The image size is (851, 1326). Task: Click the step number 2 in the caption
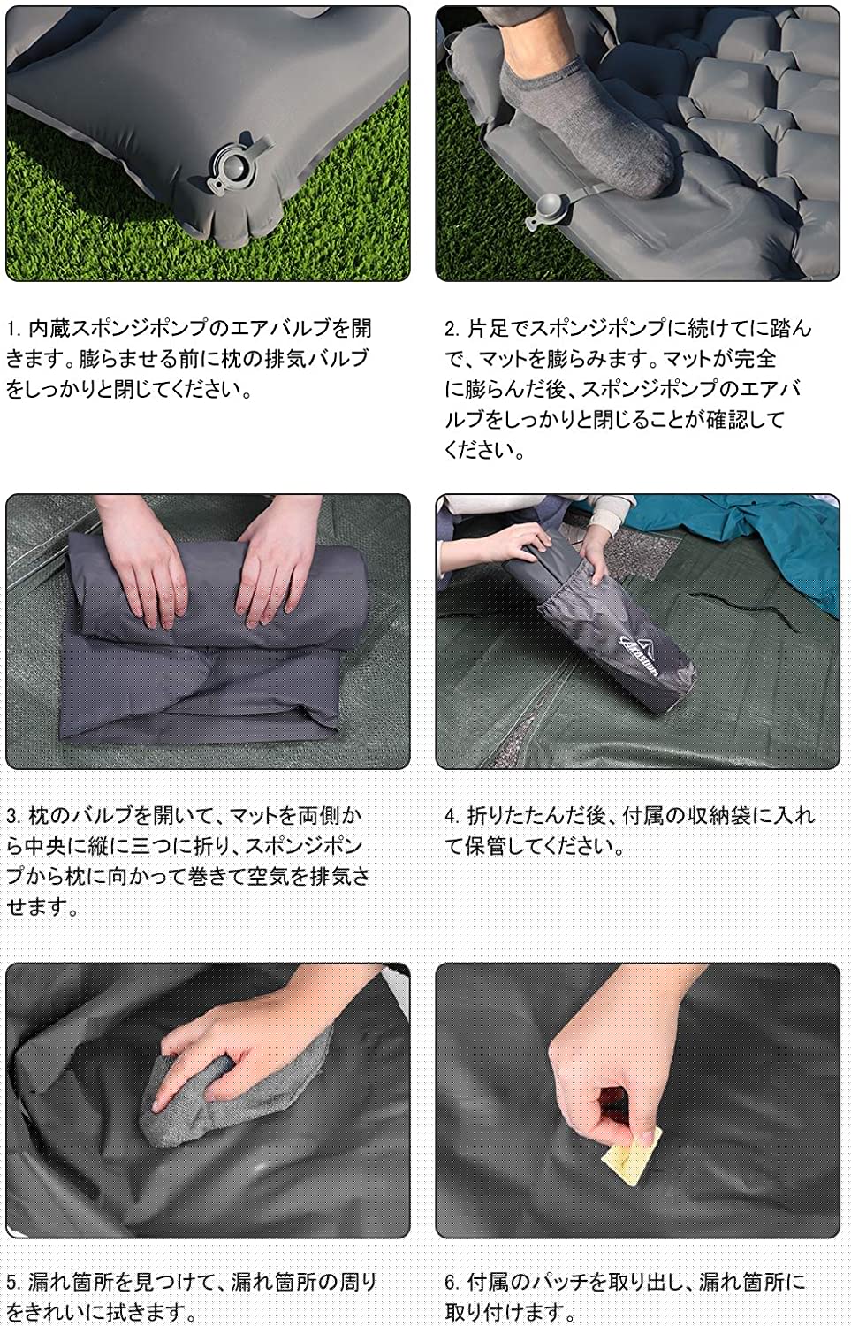452,329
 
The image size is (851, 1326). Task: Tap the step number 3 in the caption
13,817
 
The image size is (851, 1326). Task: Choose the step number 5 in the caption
13,1282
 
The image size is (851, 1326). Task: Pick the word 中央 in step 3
45,847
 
